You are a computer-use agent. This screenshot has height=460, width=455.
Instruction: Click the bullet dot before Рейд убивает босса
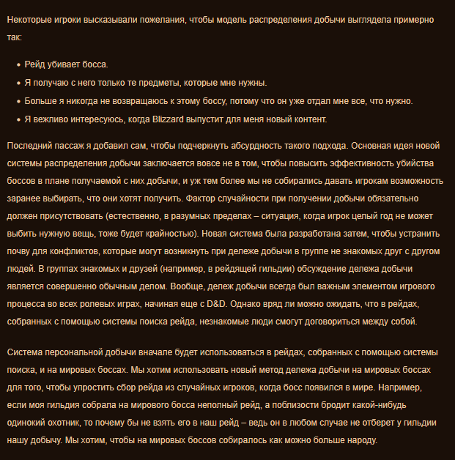[18, 65]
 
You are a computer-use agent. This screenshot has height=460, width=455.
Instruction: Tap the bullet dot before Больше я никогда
[18, 101]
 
